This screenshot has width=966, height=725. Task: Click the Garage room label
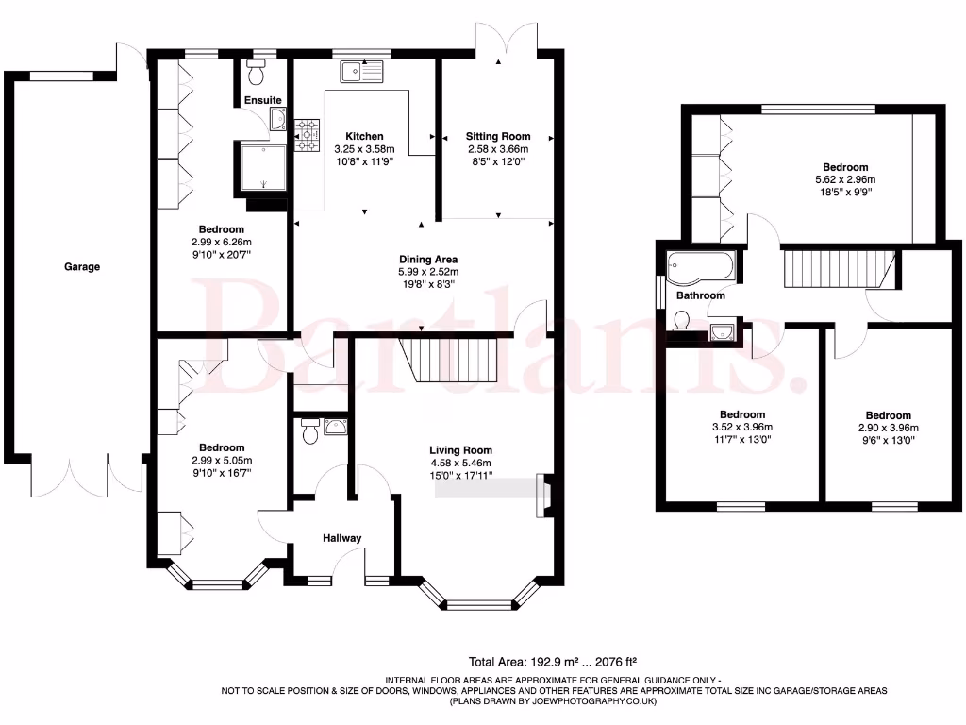[x=82, y=267]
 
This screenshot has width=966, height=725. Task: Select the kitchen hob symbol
[x=308, y=136]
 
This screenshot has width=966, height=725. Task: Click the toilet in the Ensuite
[x=256, y=74]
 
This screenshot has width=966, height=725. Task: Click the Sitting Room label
[x=498, y=136]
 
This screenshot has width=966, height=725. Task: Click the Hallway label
[x=342, y=538]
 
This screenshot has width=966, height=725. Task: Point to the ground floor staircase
[x=449, y=360]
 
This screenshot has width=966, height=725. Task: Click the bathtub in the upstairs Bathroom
[x=700, y=267]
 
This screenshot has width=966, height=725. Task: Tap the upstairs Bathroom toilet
[x=684, y=323]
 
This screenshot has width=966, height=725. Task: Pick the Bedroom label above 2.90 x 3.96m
[x=888, y=415]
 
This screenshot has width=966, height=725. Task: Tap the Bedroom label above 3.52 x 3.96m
[x=742, y=414]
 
